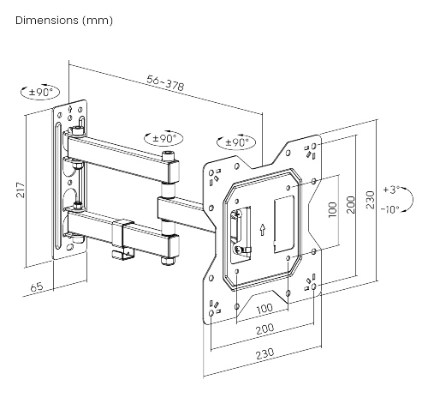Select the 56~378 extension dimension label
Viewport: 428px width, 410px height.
pyautogui.click(x=164, y=83)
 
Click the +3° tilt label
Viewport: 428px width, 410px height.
pyautogui.click(x=391, y=189)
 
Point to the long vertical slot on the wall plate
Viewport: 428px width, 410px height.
pyautogui.click(x=57, y=189)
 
